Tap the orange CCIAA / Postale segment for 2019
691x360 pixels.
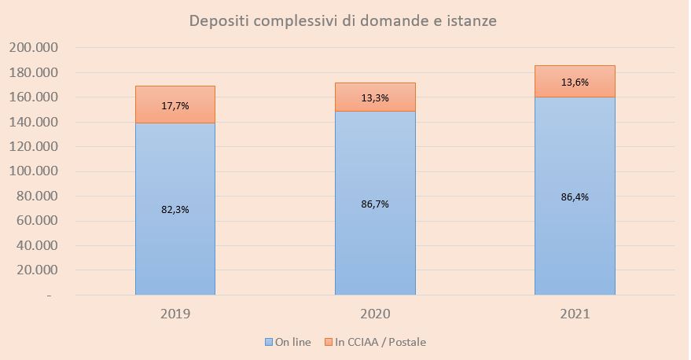[x=175, y=114]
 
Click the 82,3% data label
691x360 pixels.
[x=175, y=210]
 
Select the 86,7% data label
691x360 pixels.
[x=375, y=204]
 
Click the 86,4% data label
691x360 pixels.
[x=575, y=197]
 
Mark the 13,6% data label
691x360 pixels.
[x=575, y=82]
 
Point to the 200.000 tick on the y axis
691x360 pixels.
[x=33, y=48]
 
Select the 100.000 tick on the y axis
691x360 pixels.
[x=33, y=171]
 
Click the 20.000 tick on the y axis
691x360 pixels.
[x=37, y=270]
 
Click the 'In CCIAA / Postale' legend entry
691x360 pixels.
[x=380, y=342]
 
